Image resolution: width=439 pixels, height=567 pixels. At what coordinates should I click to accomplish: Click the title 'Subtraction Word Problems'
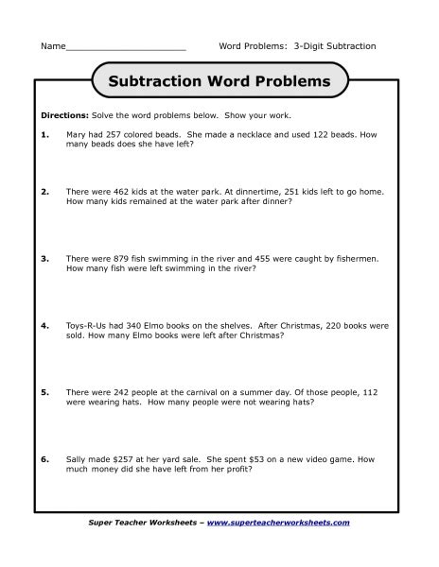pos(219,81)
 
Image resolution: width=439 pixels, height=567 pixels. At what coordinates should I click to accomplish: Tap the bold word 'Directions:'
pos(62,115)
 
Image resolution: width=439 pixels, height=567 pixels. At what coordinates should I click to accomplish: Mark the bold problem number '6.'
pos(44,458)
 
